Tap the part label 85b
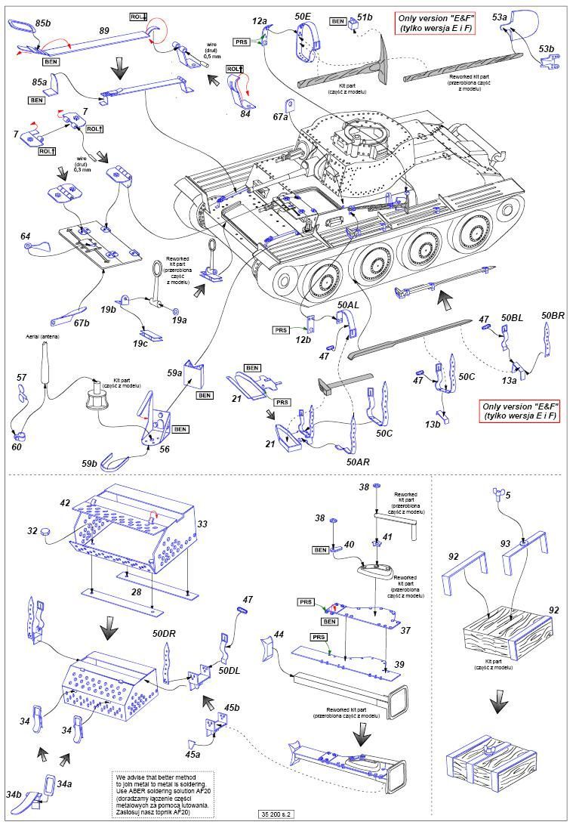click(42, 24)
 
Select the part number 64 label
click(26, 236)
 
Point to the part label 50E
click(303, 16)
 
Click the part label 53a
click(499, 16)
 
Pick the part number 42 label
click(65, 502)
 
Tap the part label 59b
click(90, 463)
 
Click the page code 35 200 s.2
click(276, 814)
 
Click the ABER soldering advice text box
click(164, 796)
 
